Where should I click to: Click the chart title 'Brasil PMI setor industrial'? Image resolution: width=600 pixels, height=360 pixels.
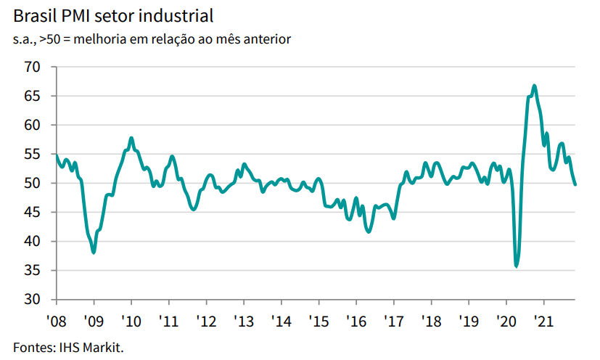113,15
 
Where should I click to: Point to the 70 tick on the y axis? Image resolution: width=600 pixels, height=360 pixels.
33,67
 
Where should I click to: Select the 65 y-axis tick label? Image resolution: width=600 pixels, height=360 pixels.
33,96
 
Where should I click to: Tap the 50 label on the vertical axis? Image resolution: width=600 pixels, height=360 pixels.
33,183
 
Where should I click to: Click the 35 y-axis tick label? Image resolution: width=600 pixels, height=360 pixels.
33,270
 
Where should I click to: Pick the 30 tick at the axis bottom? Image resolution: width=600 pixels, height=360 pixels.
33,299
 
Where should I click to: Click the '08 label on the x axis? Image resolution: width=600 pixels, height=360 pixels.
57,320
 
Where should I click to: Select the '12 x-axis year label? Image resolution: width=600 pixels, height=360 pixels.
206,320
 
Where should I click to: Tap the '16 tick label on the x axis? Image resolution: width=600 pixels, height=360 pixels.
356,320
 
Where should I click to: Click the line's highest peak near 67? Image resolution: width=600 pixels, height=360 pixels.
535,86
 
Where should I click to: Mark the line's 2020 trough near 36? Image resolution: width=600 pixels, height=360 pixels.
517,266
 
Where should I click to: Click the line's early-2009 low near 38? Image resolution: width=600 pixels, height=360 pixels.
94,252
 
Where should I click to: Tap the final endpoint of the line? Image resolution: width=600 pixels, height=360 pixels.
576,184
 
